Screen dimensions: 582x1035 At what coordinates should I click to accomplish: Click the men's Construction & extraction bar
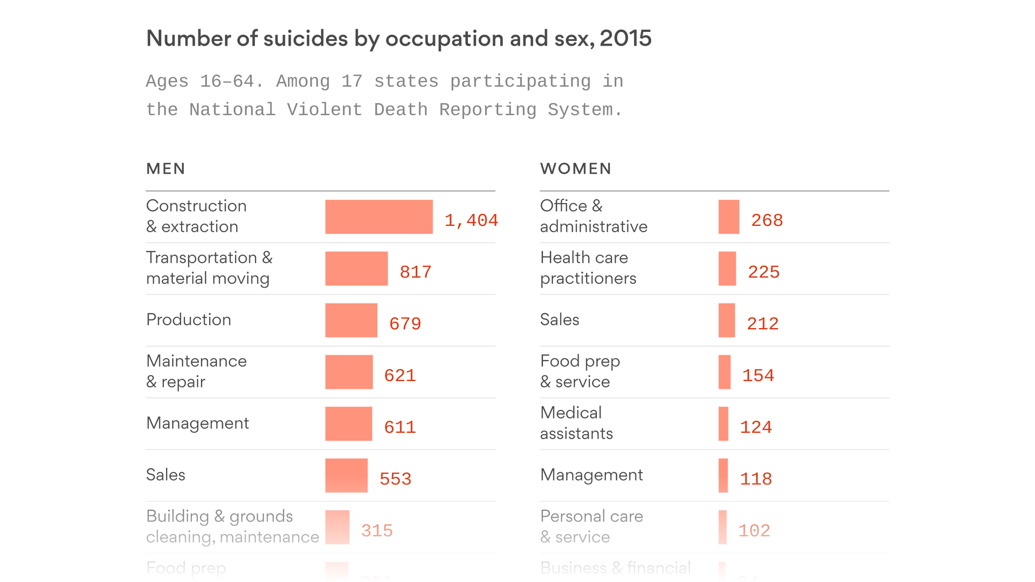[378, 217]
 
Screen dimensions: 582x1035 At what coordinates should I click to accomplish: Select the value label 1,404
[471, 220]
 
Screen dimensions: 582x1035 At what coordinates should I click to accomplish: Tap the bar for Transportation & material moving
[356, 268]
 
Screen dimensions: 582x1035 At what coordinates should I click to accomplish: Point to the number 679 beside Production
[405, 324]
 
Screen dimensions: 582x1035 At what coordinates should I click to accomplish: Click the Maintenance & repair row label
[196, 371]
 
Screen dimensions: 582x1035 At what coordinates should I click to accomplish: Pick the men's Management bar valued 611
[348, 424]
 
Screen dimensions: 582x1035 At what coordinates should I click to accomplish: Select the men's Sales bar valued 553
[346, 475]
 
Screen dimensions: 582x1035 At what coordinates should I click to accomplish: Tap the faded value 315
[377, 531]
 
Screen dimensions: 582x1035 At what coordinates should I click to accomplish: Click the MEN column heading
[165, 169]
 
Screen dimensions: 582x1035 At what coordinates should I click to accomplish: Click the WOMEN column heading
[576, 169]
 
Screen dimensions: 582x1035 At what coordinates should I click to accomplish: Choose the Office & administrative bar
[729, 217]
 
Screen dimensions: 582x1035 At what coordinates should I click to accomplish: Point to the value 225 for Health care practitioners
[763, 272]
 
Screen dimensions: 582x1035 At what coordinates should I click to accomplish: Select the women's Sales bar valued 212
[727, 320]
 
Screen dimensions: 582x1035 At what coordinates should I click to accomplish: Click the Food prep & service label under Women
[580, 371]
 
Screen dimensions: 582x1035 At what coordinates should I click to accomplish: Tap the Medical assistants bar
[723, 424]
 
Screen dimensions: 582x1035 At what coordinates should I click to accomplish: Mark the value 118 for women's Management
[756, 479]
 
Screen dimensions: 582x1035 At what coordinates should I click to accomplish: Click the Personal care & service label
[591, 526]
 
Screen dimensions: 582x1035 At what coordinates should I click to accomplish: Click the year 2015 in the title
[625, 38]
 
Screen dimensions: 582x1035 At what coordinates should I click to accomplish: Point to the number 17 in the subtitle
[351, 81]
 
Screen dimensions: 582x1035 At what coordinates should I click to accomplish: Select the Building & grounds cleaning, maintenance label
[232, 526]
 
